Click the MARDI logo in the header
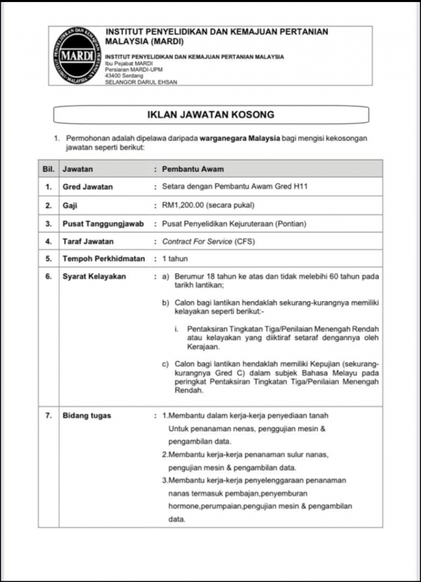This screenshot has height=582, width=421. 77,56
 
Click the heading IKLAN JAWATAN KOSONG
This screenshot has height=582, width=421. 210,115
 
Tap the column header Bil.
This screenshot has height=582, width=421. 48,169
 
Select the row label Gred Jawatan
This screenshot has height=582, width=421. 88,187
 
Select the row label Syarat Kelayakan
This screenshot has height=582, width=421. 94,276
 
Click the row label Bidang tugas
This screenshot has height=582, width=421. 86,415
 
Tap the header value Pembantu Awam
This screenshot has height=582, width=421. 193,169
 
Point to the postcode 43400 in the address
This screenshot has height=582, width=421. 114,76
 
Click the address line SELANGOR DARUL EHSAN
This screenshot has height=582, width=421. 141,82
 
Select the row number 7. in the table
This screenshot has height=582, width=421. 48,415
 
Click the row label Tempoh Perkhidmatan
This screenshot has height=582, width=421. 104,258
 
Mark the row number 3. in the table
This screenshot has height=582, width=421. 48,223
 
